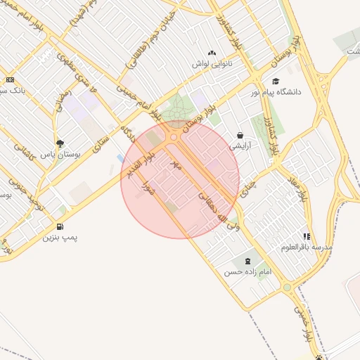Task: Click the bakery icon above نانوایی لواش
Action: coord(213,52)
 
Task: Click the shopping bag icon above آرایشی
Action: coord(240,136)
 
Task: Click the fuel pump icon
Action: coord(60,226)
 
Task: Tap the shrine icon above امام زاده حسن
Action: coord(247,261)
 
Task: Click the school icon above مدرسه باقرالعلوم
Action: coord(306,237)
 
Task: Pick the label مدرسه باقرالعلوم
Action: coord(307,247)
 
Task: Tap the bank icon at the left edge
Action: coord(9,79)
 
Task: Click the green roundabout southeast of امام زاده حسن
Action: coord(287,287)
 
